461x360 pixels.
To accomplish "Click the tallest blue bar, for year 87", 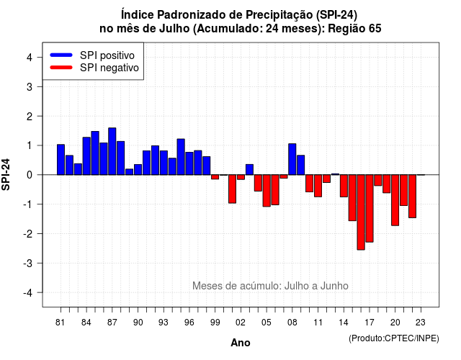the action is pos(112,151).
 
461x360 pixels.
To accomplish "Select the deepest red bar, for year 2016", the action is pos(361,212).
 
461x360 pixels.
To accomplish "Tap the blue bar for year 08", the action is pos(292,159).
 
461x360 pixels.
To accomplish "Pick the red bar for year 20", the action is pos(395,200).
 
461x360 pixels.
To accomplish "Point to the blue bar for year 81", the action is pos(61,160).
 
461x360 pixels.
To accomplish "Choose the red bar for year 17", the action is pos(370,208).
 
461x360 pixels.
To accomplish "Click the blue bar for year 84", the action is pos(86,156).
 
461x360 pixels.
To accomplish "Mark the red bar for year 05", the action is pos(267,191).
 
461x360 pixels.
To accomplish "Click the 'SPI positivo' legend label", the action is pos(107,55).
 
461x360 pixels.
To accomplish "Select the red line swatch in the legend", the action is pos(61,68).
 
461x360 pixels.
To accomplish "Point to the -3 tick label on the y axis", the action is pos(28,264).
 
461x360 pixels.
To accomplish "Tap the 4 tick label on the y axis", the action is pos(30,58).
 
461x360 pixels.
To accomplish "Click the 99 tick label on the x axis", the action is pos(215,323).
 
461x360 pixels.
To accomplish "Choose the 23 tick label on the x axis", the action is pos(421,323).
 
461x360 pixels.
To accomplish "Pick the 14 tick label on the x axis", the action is pos(344,323).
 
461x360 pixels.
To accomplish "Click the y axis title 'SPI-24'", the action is pos(6,174).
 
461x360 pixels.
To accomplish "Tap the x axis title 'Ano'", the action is pos(241,343).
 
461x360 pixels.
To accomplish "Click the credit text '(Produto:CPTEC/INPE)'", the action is pos(394,338).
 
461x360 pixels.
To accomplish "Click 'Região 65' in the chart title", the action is pos(354,29).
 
